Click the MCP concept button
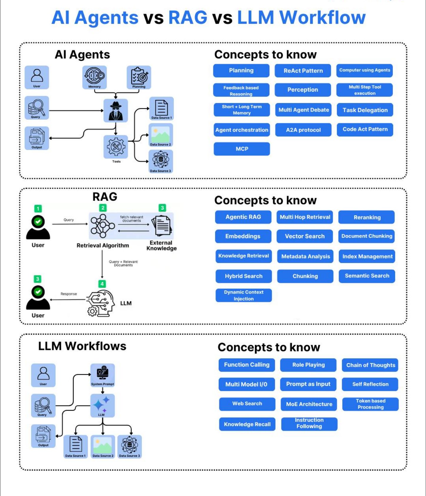pos(242,149)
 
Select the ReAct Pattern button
pos(303,71)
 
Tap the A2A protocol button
pos(303,130)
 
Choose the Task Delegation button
pos(365,110)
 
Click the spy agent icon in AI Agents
pos(116,111)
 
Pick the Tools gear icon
pos(116,146)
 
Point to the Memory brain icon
pos(95,76)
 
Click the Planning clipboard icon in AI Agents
pos(139,76)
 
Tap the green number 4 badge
pos(102,284)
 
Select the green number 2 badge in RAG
pos(103,208)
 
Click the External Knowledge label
pos(161,245)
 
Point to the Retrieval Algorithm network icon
pos(102,226)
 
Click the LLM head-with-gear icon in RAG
pos(100,303)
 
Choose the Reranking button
pos(367,217)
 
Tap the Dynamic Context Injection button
pos(243,295)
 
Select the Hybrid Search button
pos(243,276)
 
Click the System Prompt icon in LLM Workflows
pos(102,374)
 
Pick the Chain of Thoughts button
pos(370,365)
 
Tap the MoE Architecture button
pos(309,404)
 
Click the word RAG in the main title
pos(188,17)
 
